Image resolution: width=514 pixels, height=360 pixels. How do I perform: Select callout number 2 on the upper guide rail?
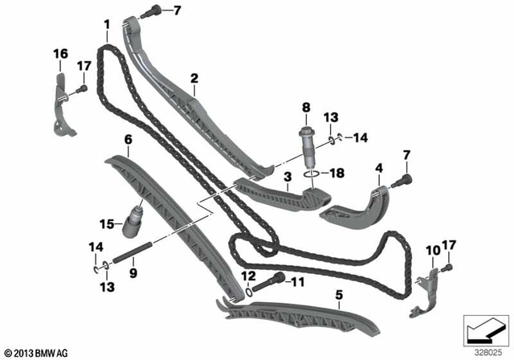point(194,78)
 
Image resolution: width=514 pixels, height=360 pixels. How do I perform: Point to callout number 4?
point(378,168)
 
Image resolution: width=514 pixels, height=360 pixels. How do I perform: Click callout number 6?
point(127,139)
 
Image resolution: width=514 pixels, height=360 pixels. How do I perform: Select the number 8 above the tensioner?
point(306,107)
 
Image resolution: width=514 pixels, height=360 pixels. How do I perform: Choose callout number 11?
point(298,282)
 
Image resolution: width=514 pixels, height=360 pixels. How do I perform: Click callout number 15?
point(107,223)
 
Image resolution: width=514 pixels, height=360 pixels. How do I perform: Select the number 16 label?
point(61,53)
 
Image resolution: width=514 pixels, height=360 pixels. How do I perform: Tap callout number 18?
point(337,171)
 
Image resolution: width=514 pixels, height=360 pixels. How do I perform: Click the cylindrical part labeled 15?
point(133,219)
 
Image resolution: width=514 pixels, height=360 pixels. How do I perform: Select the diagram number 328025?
point(483,352)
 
